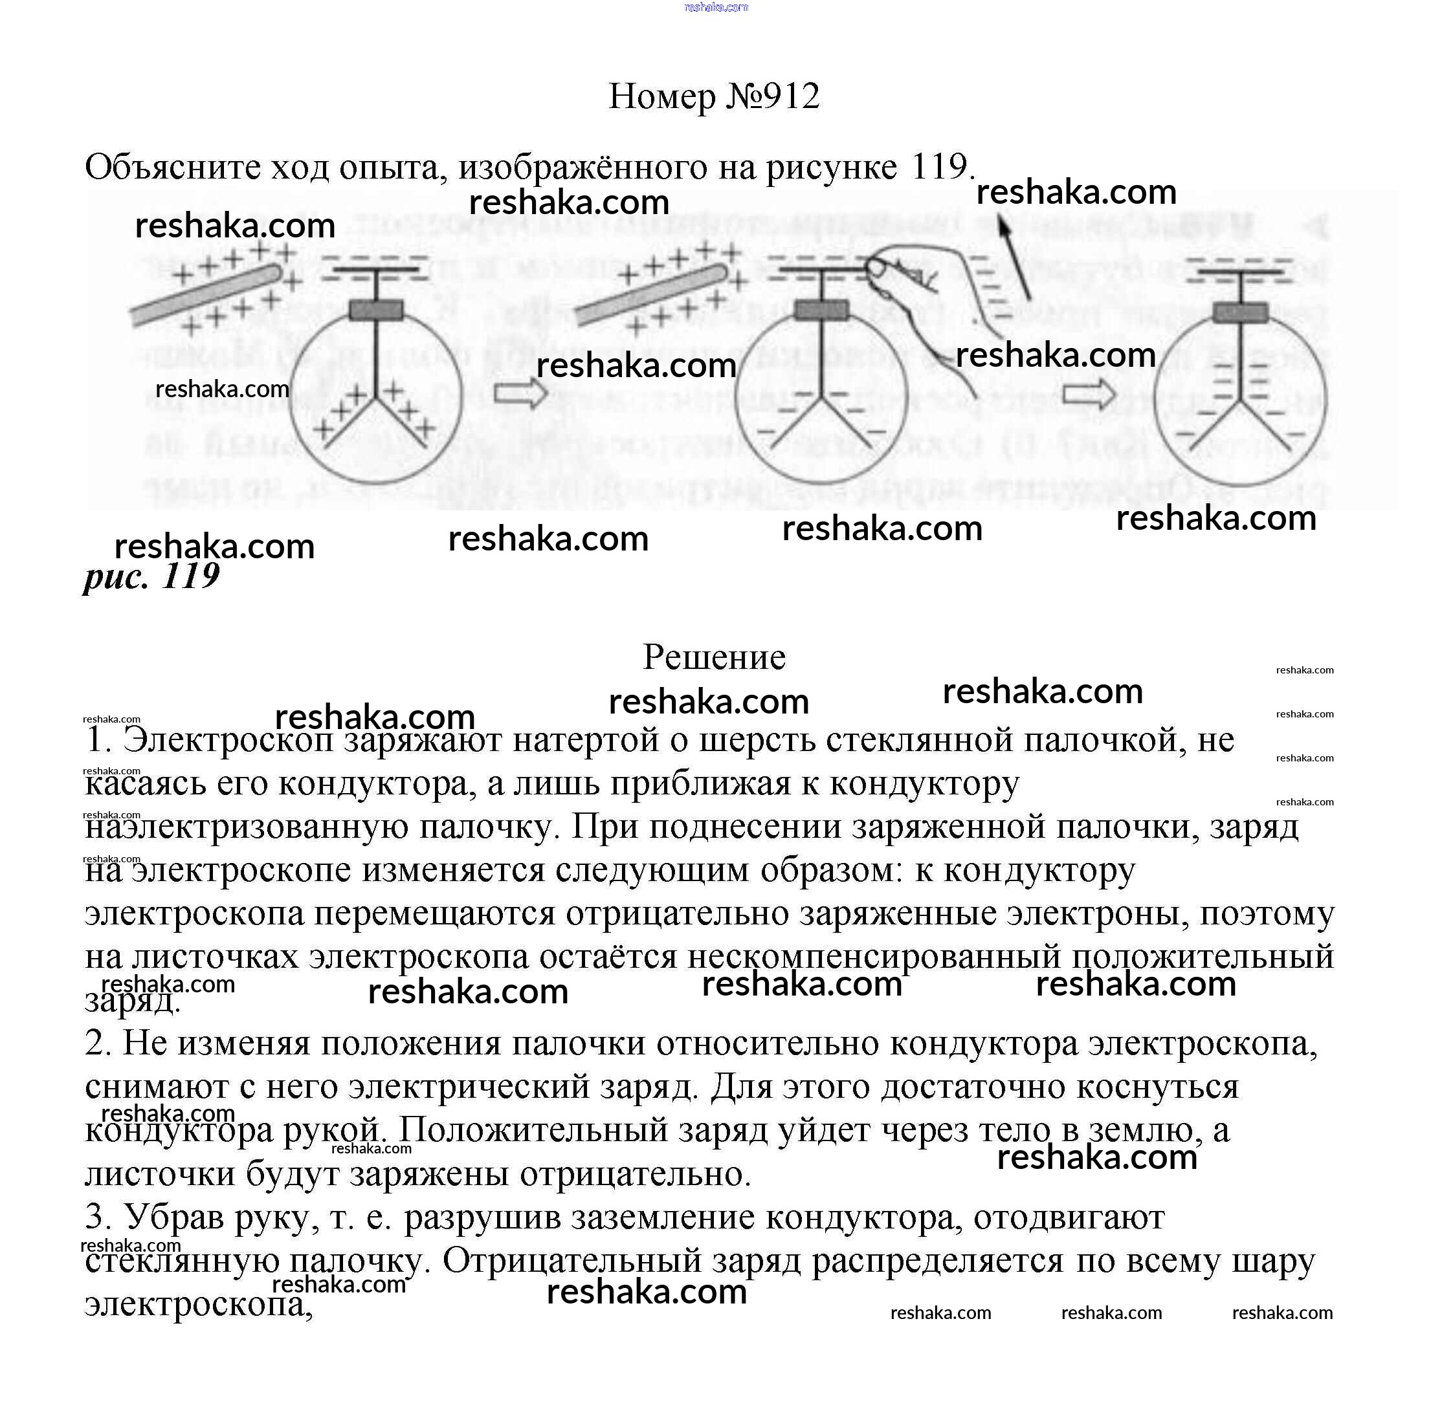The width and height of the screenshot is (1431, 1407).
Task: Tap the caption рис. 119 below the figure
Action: [x=151, y=576]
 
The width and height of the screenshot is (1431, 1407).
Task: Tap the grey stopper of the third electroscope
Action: [x=1240, y=313]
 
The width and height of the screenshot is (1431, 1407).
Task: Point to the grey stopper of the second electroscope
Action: [x=821, y=311]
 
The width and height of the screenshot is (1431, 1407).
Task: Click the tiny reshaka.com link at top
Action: [x=716, y=7]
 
